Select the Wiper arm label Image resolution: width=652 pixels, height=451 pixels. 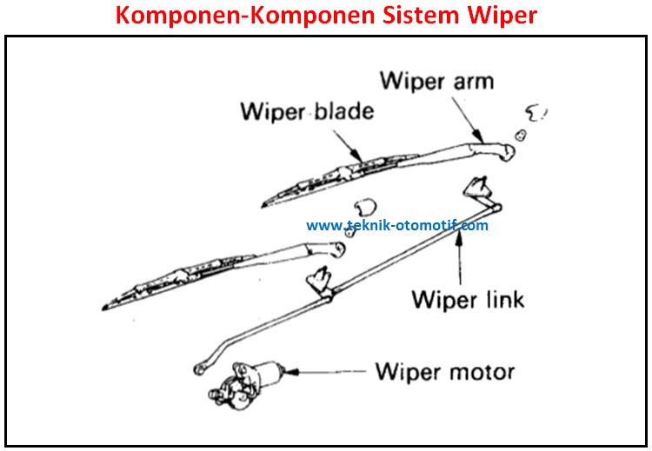[436, 81]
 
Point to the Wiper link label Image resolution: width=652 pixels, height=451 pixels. [467, 300]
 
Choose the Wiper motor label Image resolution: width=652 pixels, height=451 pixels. [444, 372]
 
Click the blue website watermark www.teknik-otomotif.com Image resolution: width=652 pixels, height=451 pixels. [397, 225]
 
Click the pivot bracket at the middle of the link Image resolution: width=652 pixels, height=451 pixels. [320, 282]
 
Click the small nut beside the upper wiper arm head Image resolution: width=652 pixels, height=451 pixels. [520, 135]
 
